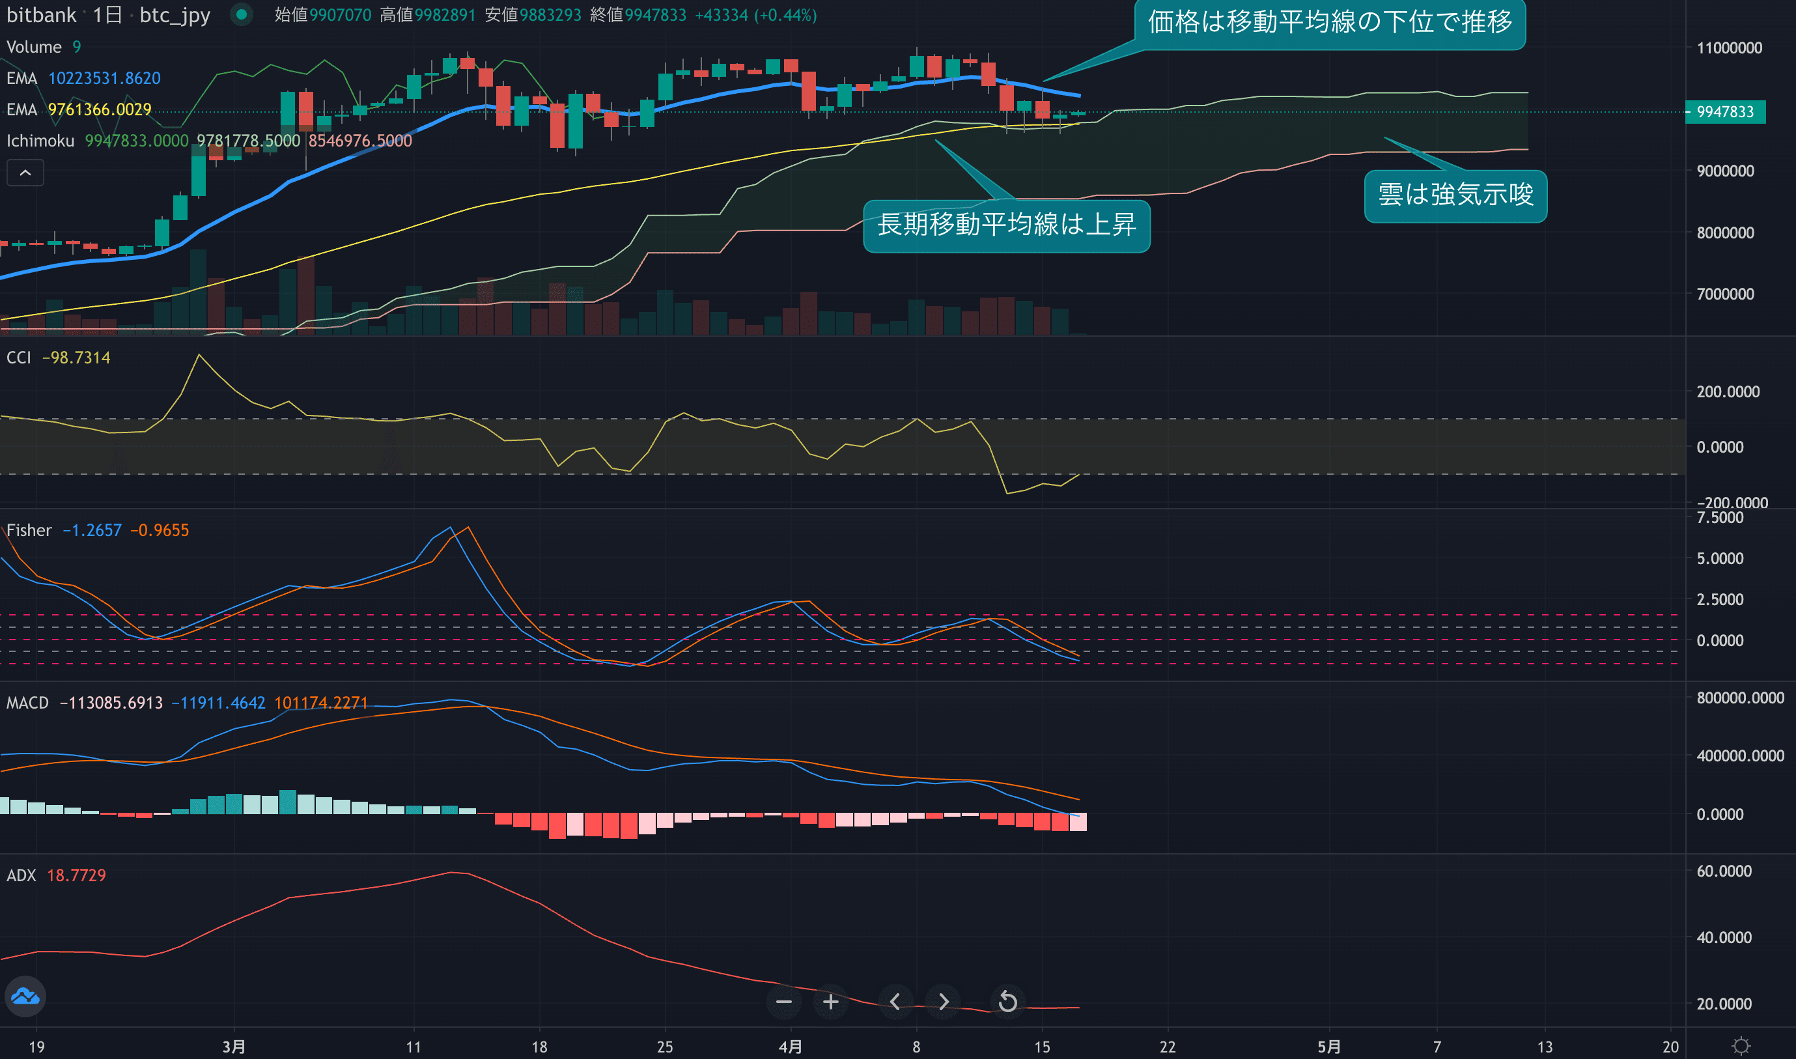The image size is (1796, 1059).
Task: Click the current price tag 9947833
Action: (1724, 112)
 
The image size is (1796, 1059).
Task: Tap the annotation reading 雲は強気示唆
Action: (1455, 195)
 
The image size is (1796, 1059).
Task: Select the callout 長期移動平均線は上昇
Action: (1006, 225)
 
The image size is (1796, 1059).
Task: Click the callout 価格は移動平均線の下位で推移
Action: (1329, 23)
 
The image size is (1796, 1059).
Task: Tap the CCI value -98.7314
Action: (76, 358)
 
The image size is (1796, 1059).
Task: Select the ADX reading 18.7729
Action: (76, 875)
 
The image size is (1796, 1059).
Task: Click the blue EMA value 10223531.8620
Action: (104, 79)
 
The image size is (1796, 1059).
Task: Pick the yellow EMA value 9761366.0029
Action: (99, 110)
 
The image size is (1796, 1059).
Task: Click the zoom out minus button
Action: (783, 1002)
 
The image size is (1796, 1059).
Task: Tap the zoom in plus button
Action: (830, 1002)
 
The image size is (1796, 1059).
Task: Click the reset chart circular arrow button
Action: (1007, 1002)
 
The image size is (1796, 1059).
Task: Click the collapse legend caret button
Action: (25, 173)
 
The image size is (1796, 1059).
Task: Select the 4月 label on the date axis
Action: (790, 1047)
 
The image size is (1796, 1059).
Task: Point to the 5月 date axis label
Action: (1328, 1047)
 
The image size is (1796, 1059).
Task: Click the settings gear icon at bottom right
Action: (1741, 1046)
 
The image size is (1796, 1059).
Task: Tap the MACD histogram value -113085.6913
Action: (111, 703)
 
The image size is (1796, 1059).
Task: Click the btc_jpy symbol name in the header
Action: (175, 15)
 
